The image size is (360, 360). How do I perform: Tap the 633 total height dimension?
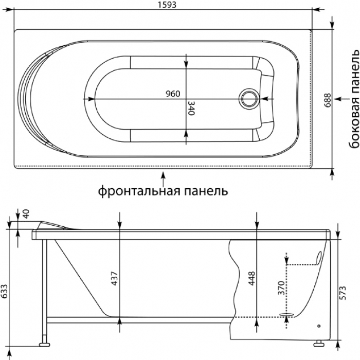pyautogui.click(x=5, y=292)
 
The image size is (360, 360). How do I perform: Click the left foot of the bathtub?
pyautogui.click(x=45, y=340)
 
